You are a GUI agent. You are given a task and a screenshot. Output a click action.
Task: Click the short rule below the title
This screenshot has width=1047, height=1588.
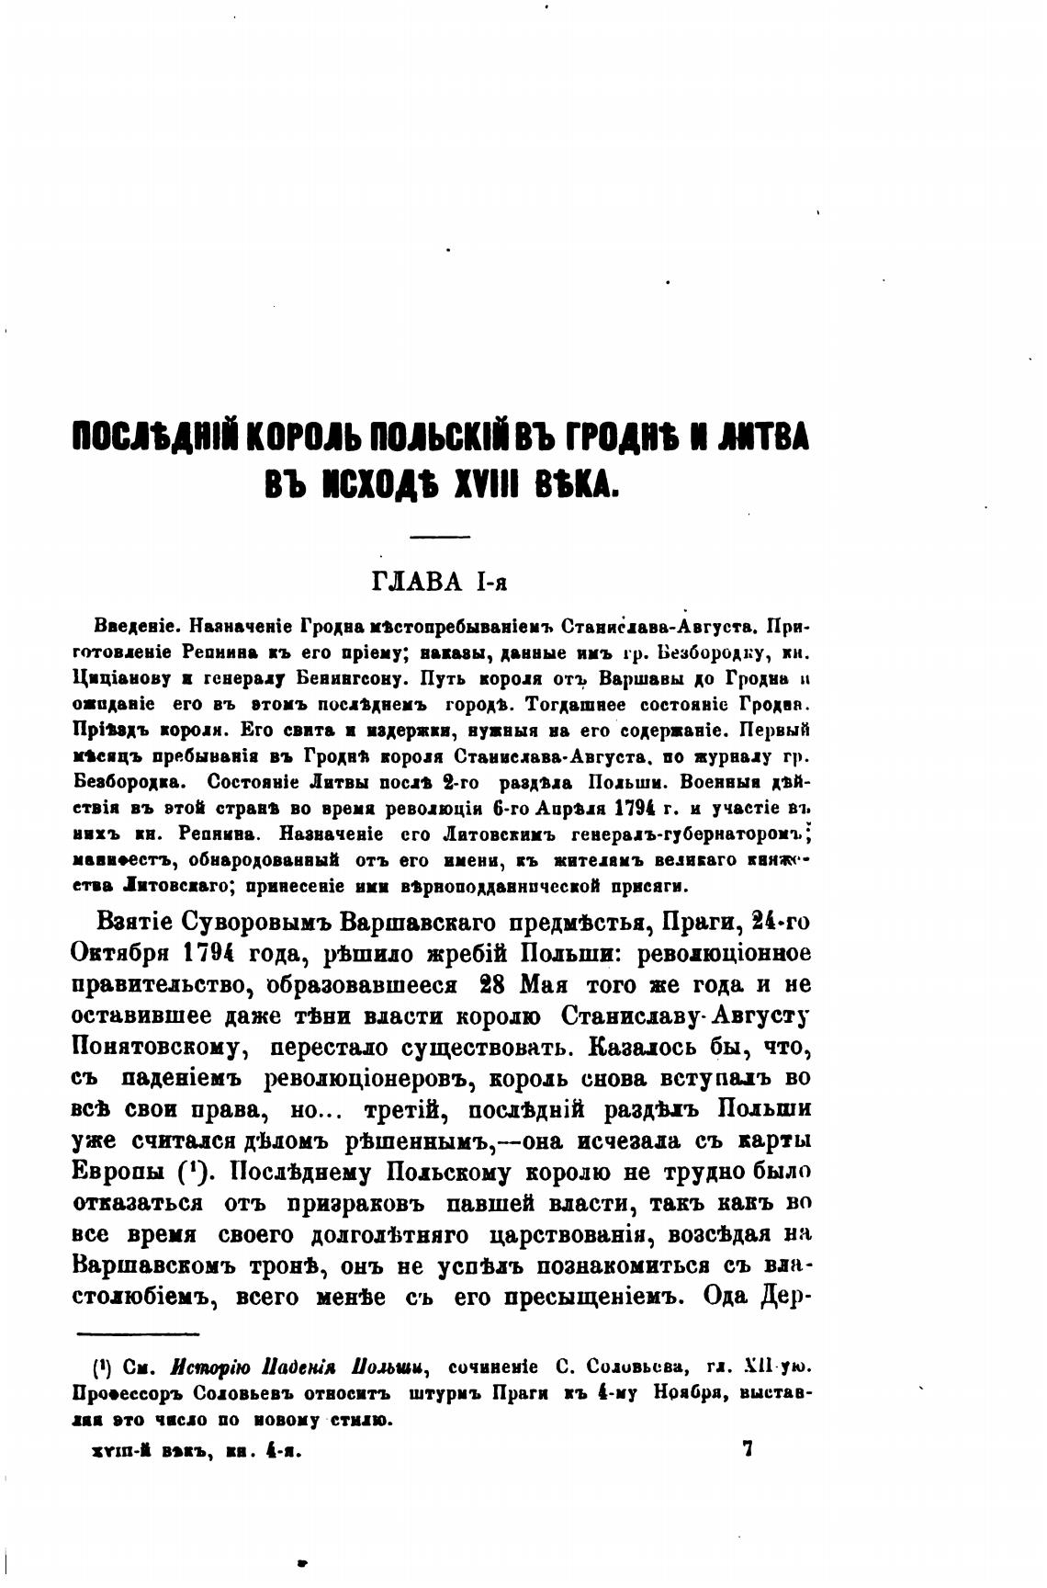click(x=438, y=538)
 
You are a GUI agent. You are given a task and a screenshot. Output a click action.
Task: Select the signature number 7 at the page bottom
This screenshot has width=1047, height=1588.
click(x=747, y=1450)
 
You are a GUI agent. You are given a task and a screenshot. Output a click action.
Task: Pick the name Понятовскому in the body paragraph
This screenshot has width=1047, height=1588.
click(x=155, y=1047)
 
